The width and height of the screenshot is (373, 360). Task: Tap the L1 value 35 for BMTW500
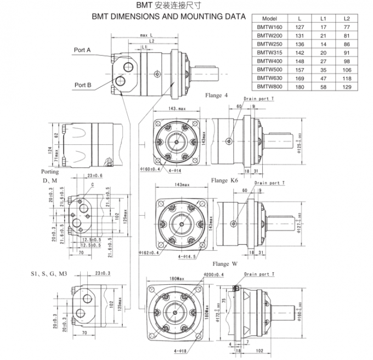coord(324,69)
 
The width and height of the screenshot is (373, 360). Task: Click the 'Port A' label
coord(82,50)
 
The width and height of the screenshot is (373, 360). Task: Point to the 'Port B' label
coord(83,85)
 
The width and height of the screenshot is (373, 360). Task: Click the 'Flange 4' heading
coord(217,95)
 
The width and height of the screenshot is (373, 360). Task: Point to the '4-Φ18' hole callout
coord(179,350)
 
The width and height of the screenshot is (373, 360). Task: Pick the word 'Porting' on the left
coord(50,171)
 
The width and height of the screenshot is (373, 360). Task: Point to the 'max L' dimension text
coord(146,35)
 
